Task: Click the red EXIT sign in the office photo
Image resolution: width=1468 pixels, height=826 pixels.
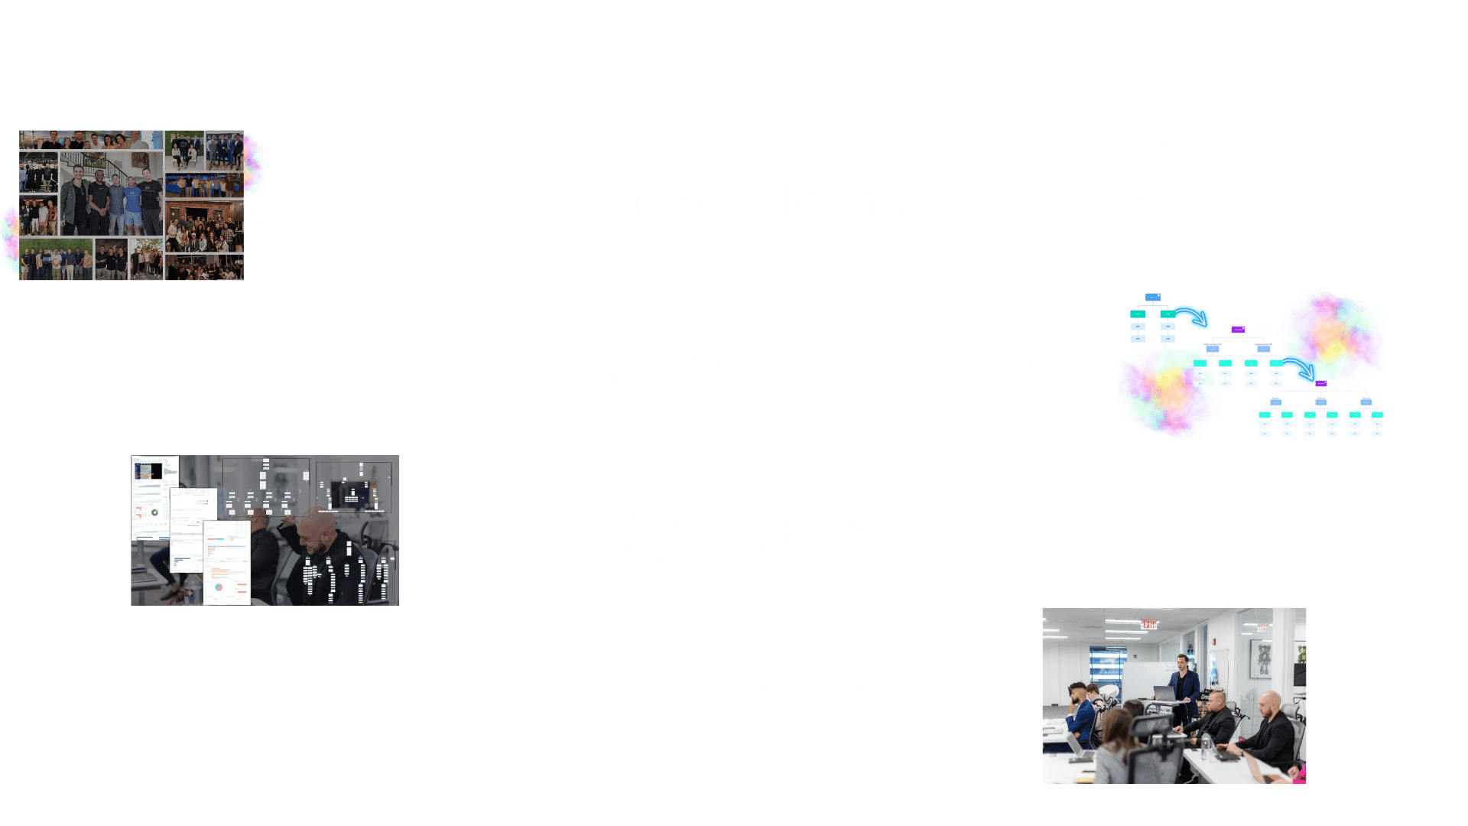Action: pyautogui.click(x=1149, y=624)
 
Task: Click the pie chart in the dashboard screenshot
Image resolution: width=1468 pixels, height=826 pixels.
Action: pyautogui.click(x=219, y=587)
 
